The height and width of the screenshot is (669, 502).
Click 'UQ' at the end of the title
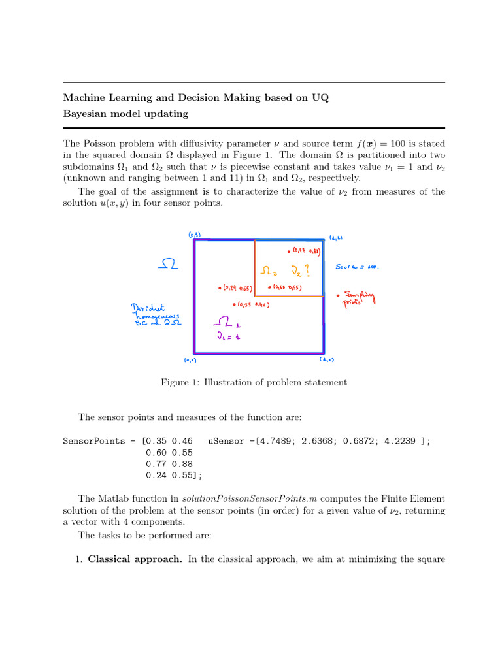(x=321, y=98)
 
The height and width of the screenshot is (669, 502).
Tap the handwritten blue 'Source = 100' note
(x=357, y=267)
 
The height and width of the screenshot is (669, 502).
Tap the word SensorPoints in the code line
(x=93, y=441)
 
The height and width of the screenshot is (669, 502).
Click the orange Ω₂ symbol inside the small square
(x=267, y=269)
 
